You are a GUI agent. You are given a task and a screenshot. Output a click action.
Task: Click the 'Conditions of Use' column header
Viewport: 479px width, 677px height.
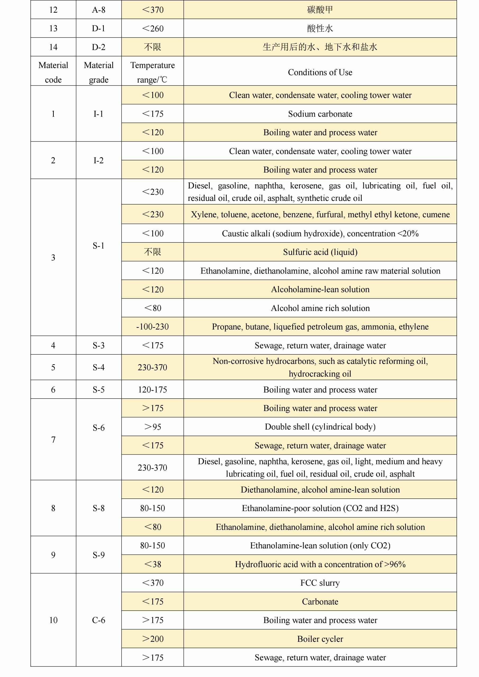point(320,72)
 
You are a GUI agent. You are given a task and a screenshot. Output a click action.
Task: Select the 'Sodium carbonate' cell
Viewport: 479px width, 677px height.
point(320,114)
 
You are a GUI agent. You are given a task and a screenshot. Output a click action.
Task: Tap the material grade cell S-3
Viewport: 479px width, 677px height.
point(99,345)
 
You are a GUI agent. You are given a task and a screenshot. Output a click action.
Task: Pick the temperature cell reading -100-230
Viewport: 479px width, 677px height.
point(153,327)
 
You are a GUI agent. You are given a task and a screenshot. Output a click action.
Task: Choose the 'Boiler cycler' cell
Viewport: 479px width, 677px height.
point(320,639)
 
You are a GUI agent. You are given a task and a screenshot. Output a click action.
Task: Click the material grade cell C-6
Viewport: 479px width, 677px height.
point(99,620)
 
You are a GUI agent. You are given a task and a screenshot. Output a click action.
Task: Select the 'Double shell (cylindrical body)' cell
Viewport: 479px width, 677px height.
point(320,427)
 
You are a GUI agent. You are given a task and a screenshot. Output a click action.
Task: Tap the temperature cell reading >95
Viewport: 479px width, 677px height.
point(153,427)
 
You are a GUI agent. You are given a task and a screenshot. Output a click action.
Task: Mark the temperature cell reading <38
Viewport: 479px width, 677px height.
point(153,564)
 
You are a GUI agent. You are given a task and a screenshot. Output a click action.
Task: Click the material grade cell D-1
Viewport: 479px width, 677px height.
point(99,29)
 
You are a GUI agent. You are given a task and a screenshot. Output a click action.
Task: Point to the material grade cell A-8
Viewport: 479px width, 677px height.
point(99,10)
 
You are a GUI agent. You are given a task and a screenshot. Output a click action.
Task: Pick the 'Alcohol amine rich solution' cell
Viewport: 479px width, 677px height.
point(320,308)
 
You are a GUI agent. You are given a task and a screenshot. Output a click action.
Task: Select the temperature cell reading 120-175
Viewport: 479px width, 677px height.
point(153,390)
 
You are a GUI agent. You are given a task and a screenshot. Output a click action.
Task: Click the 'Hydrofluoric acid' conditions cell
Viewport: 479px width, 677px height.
point(320,564)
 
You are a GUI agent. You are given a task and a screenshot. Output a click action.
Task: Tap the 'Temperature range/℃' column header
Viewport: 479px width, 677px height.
point(153,72)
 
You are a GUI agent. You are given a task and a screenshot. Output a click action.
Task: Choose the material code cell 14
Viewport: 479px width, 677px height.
point(53,47)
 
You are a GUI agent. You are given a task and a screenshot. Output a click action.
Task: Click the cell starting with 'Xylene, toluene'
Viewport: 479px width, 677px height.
point(320,214)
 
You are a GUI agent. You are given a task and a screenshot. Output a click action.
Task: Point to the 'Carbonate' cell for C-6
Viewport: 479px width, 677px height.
point(320,602)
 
